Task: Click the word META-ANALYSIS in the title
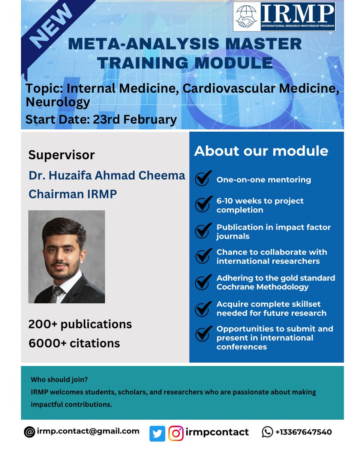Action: pyautogui.click(x=143, y=44)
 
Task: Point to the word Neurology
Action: pyautogui.click(x=58, y=102)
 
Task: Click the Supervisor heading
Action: pyautogui.click(x=61, y=155)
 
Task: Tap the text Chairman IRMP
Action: pyautogui.click(x=73, y=194)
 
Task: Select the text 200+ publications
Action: pyautogui.click(x=80, y=324)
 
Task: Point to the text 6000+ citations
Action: pyautogui.click(x=74, y=343)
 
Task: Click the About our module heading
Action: pyautogui.click(x=261, y=151)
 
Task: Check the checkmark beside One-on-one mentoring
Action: pyautogui.click(x=202, y=179)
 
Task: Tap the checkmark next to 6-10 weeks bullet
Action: pyautogui.click(x=202, y=205)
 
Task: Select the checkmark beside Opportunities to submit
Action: pyautogui.click(x=202, y=333)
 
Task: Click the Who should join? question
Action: pyautogui.click(x=59, y=379)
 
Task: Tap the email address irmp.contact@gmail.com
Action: pyautogui.click(x=88, y=431)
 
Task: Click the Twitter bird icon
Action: pyautogui.click(x=157, y=433)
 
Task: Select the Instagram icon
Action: pyautogui.click(x=175, y=433)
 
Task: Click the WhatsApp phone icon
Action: pyautogui.click(x=267, y=432)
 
